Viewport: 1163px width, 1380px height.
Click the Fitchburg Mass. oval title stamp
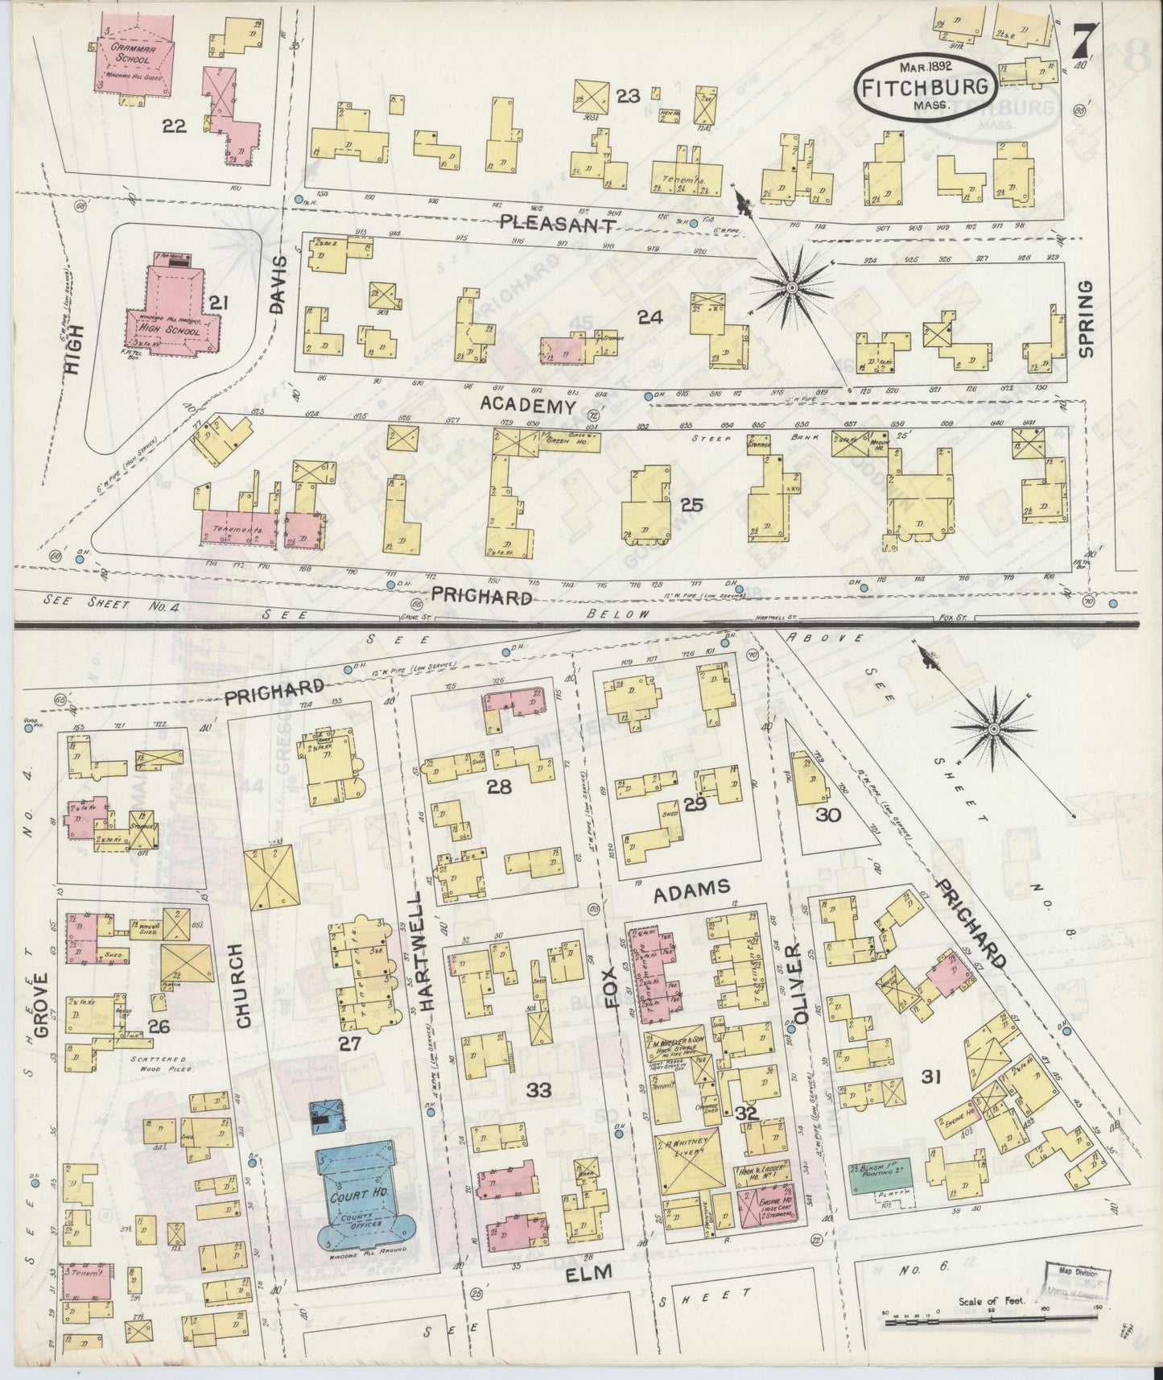[x=926, y=89]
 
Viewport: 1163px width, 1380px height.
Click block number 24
[x=650, y=317]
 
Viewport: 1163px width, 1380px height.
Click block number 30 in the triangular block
[x=827, y=814]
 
